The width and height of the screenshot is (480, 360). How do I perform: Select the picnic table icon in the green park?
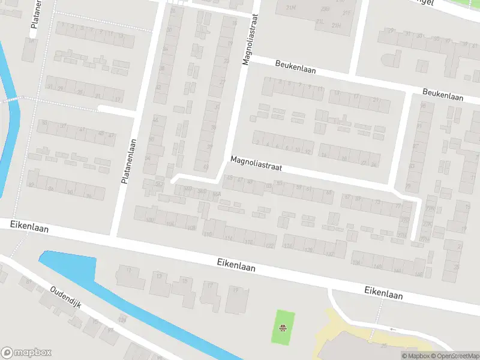[x=282, y=328]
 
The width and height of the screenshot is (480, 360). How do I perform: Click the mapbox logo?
[x=26, y=353]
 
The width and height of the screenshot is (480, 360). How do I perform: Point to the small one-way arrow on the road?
[x=393, y=329]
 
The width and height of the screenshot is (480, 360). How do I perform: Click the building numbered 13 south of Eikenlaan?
[x=159, y=276]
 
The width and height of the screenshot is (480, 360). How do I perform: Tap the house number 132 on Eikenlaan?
[x=329, y=254]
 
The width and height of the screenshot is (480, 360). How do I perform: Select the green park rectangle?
[x=283, y=328]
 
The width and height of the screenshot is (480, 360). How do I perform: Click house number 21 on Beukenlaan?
[x=376, y=100]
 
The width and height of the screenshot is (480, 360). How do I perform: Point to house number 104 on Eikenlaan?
[x=170, y=224]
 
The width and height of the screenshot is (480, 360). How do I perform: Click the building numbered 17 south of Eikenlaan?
[x=209, y=286]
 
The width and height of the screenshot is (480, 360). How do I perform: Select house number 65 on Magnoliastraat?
[x=328, y=192]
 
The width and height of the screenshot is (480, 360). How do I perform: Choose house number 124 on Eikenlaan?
[x=287, y=245]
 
